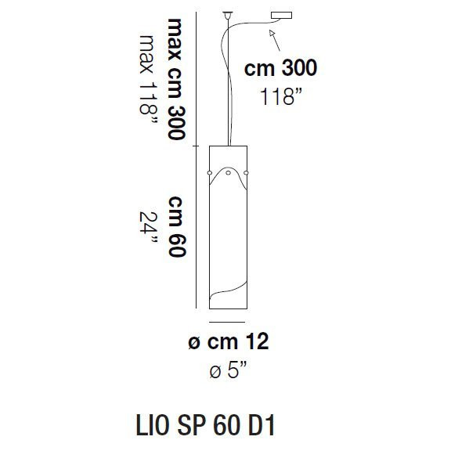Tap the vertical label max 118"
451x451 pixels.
(x=148, y=78)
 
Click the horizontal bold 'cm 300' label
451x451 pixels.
(x=280, y=69)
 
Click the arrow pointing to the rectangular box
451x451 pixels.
(x=272, y=32)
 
